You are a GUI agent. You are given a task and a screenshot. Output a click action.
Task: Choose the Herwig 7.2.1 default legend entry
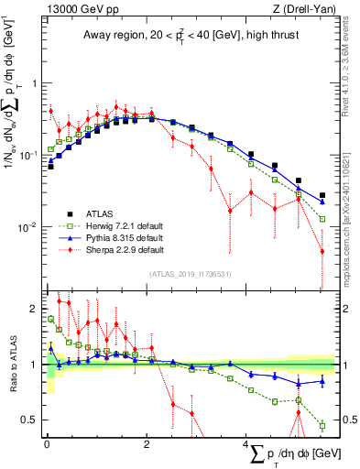pos(117,224)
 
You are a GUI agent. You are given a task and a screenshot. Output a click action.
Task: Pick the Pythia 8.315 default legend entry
pos(116,236)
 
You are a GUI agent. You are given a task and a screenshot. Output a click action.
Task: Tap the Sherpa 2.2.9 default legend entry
pos(117,249)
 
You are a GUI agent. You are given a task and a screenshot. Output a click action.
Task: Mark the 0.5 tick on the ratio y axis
pos(33,420)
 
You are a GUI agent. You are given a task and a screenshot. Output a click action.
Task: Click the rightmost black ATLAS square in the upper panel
pos(322,195)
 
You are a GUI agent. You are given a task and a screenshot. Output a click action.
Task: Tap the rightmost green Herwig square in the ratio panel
pos(322,425)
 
